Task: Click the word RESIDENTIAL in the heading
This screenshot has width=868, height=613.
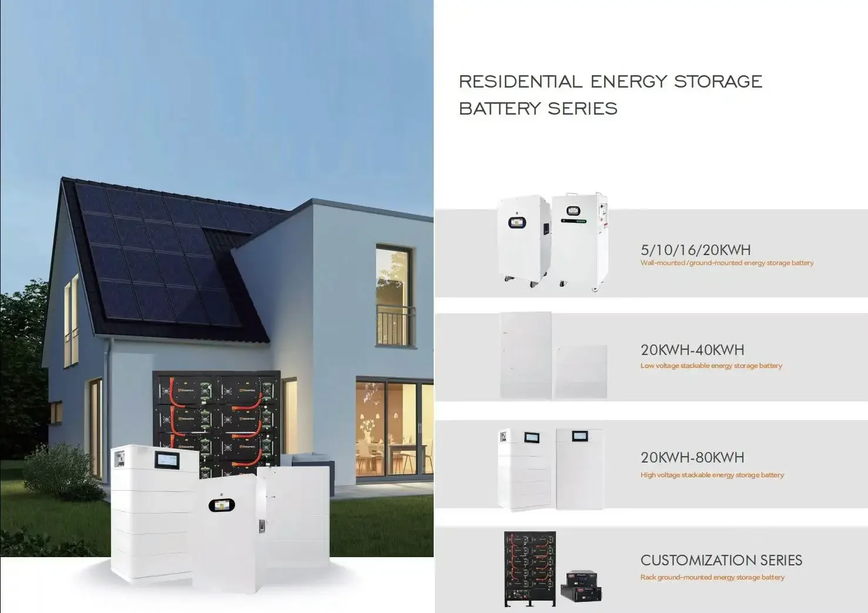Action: [x=521, y=82]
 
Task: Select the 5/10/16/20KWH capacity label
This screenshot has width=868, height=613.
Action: [x=695, y=250]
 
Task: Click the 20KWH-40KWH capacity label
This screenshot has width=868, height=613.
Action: [x=692, y=350]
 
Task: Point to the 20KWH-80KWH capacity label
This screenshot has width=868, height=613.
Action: [x=692, y=457]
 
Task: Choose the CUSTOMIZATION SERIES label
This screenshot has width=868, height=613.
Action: [x=721, y=560]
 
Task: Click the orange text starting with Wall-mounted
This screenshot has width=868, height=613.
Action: [x=726, y=263]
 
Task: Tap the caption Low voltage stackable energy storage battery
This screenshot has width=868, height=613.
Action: [x=711, y=366]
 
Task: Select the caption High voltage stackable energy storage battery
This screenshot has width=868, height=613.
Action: [x=712, y=475]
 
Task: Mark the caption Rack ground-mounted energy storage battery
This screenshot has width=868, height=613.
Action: [x=712, y=577]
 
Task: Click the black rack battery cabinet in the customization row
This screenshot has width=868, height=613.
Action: [x=529, y=568]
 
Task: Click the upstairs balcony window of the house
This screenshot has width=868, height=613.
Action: [x=394, y=297]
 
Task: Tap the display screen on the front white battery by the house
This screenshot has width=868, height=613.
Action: [x=222, y=505]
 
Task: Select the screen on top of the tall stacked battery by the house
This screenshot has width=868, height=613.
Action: [x=169, y=459]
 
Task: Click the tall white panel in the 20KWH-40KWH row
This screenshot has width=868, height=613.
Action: [x=525, y=356]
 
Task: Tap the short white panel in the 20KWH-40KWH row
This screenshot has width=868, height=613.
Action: [x=581, y=371]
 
